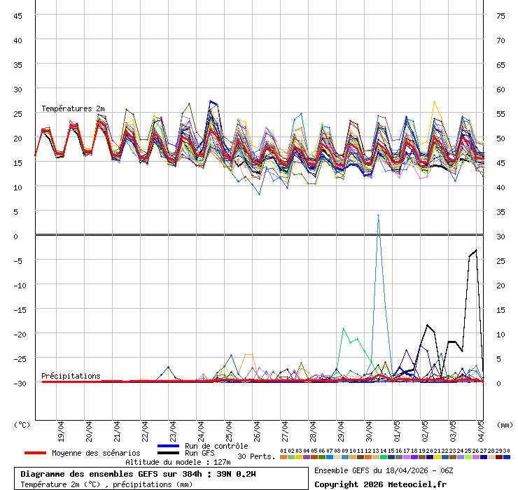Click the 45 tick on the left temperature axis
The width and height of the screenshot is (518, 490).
pos(17,15)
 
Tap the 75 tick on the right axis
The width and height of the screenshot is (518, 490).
pos(500,15)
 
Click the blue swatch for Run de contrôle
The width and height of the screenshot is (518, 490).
pos(169,446)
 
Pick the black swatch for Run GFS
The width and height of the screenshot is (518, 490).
pos(169,454)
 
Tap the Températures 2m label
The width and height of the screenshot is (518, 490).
pos(73,108)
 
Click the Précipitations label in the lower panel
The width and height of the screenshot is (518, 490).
pos(71,376)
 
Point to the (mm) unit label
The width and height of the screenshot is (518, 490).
pos(505,424)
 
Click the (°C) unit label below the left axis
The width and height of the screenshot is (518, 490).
pos(22,424)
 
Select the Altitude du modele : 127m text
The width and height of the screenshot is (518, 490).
pos(178,462)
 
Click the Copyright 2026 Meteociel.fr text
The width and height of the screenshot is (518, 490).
pos(380,484)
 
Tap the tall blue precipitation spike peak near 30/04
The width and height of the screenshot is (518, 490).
pos(378,215)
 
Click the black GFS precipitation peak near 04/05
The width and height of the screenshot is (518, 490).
pos(477,250)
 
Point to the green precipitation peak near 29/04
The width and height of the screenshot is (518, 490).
pos(343,328)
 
